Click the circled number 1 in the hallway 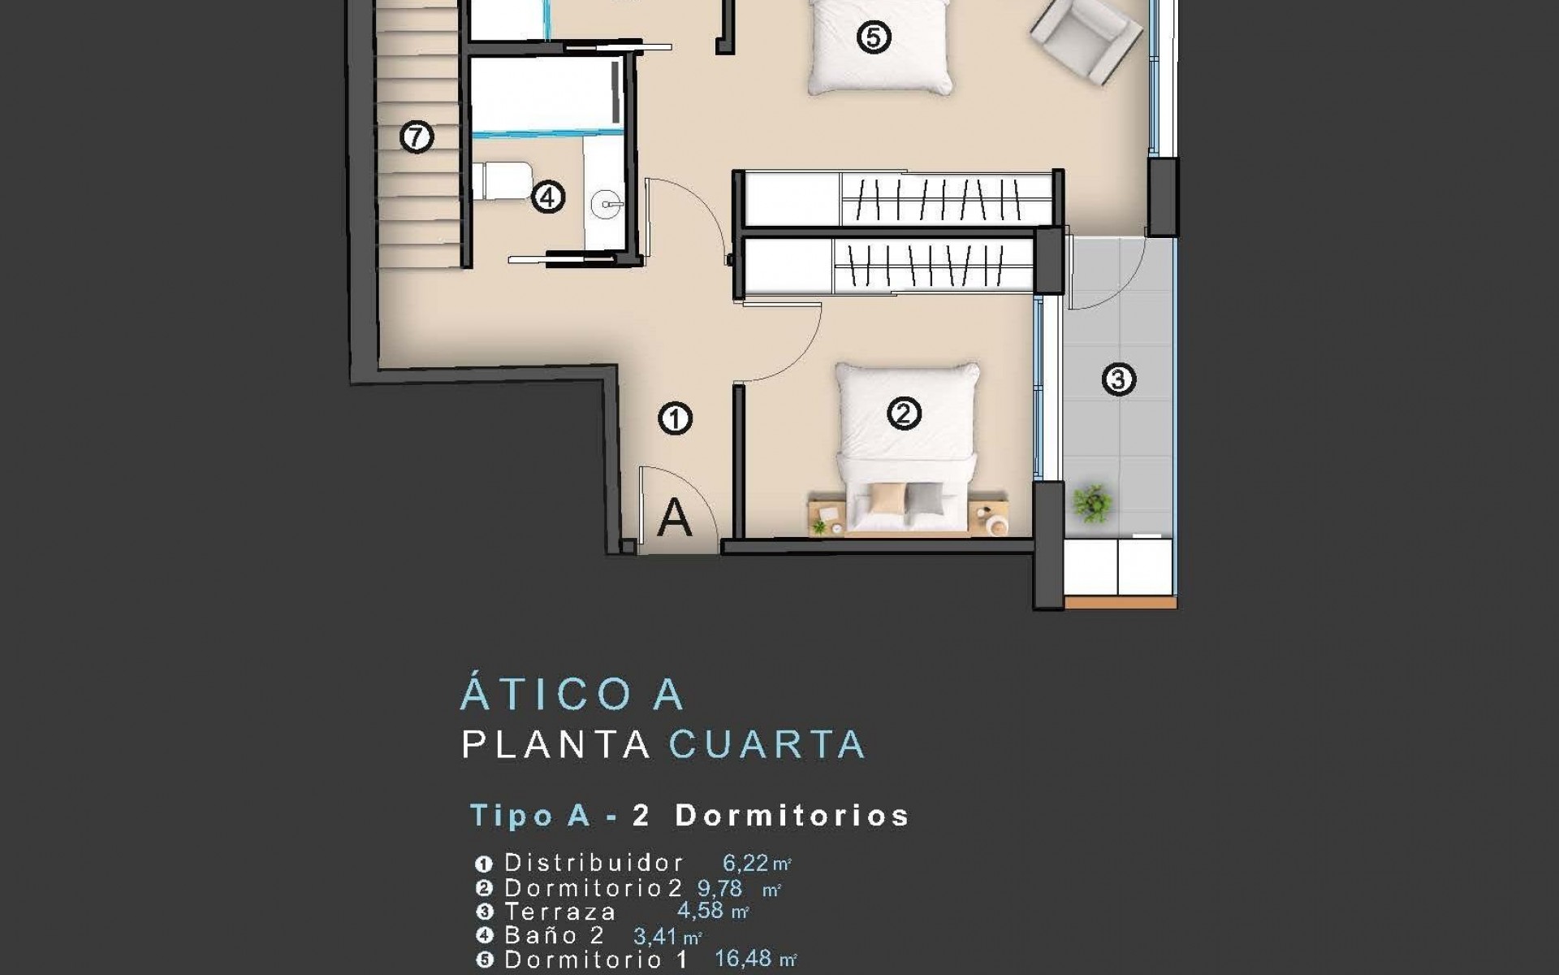(675, 419)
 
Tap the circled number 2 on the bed (904, 414)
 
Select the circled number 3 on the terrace (1118, 379)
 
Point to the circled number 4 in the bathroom (548, 197)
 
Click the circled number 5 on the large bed (874, 37)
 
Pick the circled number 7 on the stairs (417, 137)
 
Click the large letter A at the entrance (674, 518)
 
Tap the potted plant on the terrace (1091, 503)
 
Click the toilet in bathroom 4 (500, 180)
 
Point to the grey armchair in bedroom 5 (1086, 41)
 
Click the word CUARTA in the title (767, 744)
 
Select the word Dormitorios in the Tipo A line (792, 815)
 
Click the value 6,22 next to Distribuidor (745, 863)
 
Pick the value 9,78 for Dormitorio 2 (719, 888)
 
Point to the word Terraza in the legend (560, 912)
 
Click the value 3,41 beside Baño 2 (654, 936)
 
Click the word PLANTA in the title (557, 744)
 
